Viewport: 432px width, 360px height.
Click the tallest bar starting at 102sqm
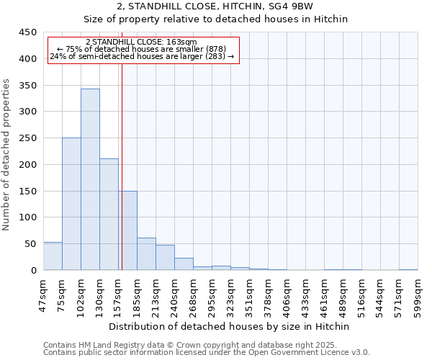(90, 179)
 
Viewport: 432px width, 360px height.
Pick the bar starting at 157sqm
(127, 230)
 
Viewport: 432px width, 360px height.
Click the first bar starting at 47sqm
(53, 256)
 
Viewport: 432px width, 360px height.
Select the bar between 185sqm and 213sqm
(146, 254)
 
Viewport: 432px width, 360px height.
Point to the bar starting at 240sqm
(184, 264)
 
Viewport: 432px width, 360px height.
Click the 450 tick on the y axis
(28, 32)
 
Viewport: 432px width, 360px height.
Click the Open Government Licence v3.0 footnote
(207, 353)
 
